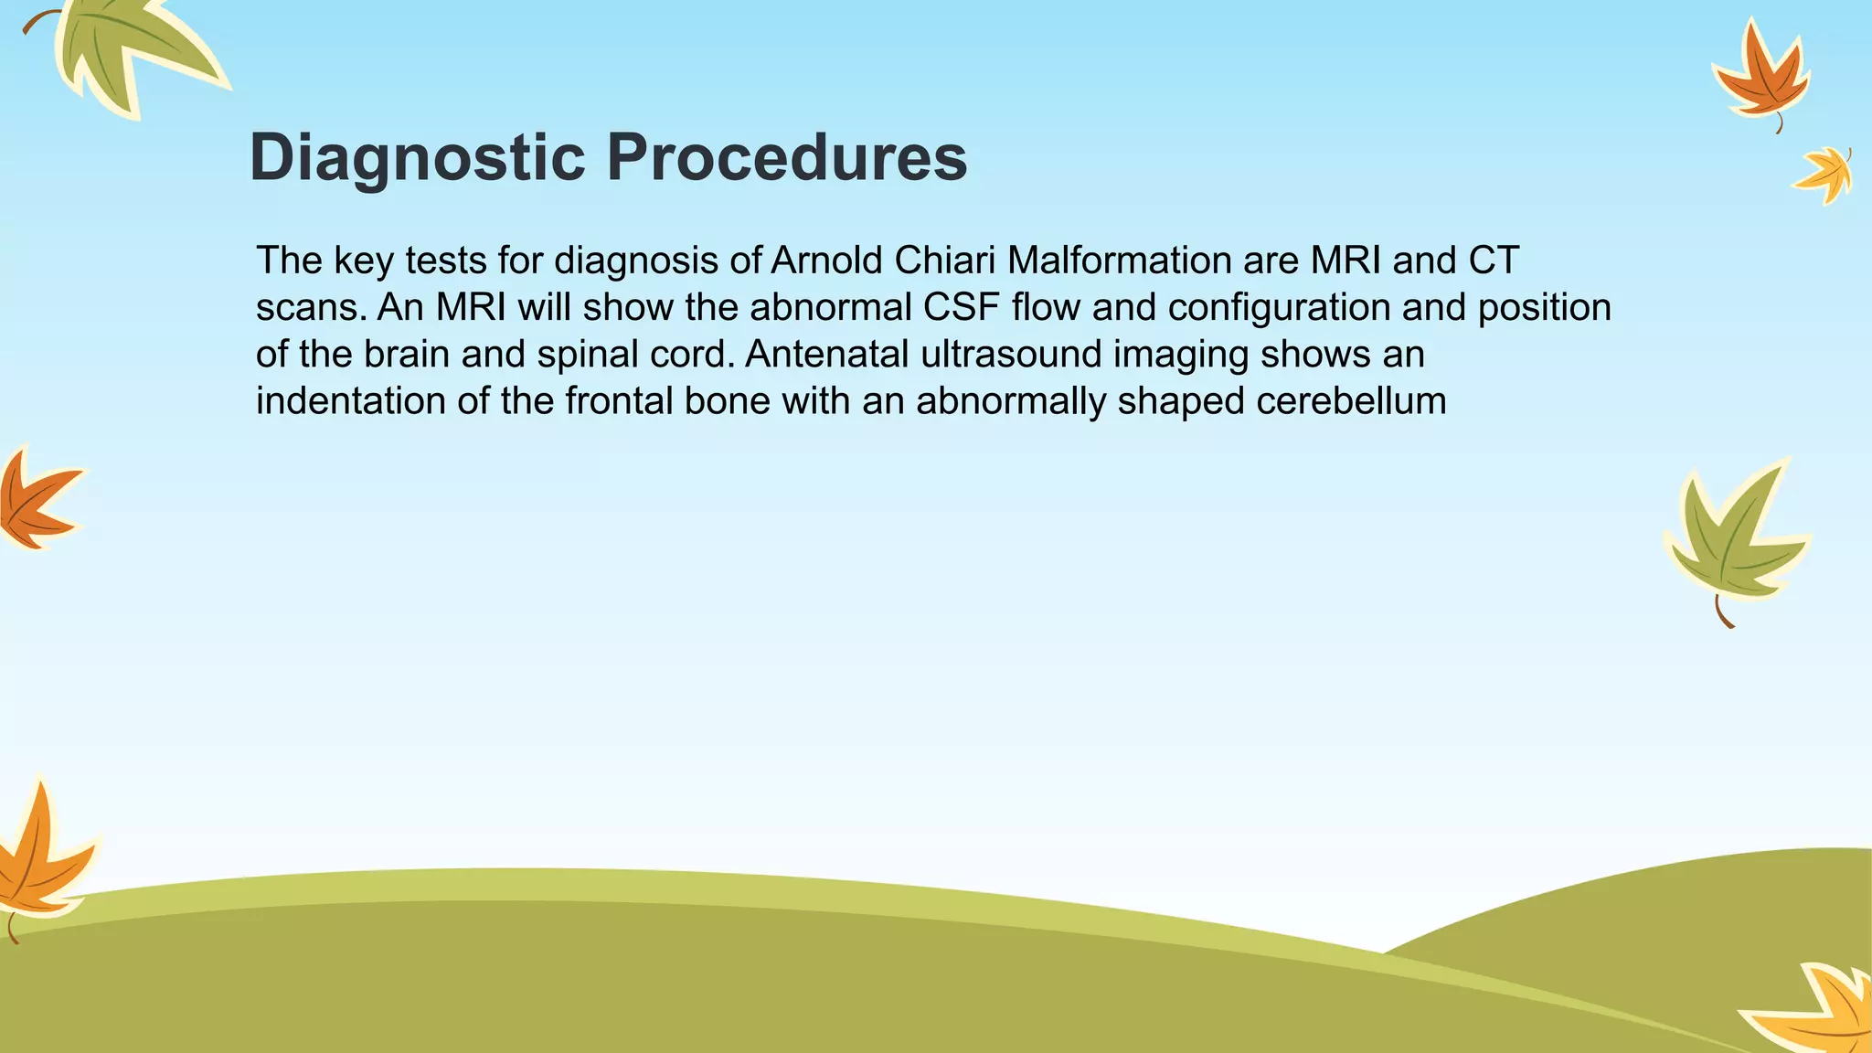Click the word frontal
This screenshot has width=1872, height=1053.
click(x=617, y=401)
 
